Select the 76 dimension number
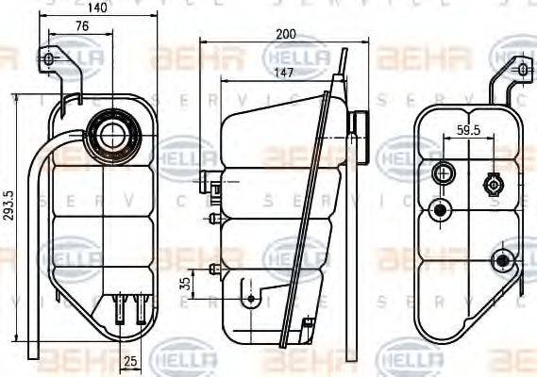[82, 25]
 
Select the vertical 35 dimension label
[187, 282]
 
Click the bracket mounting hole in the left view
[49, 61]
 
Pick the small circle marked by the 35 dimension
[250, 299]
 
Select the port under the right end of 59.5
[492, 182]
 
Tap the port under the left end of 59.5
[442, 173]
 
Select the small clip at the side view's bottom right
[305, 326]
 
